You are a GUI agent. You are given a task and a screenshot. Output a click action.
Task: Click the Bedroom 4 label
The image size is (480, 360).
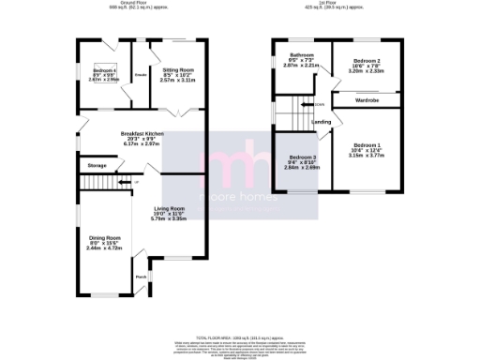coord(104,71)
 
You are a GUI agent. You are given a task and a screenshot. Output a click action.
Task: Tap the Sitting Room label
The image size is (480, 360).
coord(178,70)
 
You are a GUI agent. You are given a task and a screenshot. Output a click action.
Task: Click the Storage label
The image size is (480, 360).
coord(97,165)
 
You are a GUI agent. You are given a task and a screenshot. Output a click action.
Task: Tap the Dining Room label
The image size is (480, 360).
coord(105,238)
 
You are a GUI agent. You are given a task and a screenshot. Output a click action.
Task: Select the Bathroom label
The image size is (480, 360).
coord(301,55)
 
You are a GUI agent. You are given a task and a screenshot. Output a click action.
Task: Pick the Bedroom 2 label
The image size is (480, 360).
coord(366,59)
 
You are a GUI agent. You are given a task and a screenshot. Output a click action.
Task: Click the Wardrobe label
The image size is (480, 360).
coord(367,97)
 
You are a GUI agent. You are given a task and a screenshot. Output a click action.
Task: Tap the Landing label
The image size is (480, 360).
coord(321,122)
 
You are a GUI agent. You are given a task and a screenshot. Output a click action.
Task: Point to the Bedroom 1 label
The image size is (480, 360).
coord(366,145)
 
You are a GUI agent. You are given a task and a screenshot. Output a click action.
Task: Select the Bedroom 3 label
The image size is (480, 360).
coord(302,157)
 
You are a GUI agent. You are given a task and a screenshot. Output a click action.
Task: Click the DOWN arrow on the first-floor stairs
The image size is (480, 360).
coord(320,104)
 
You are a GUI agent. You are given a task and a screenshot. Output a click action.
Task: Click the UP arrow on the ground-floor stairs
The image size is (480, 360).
coord(135,181)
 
